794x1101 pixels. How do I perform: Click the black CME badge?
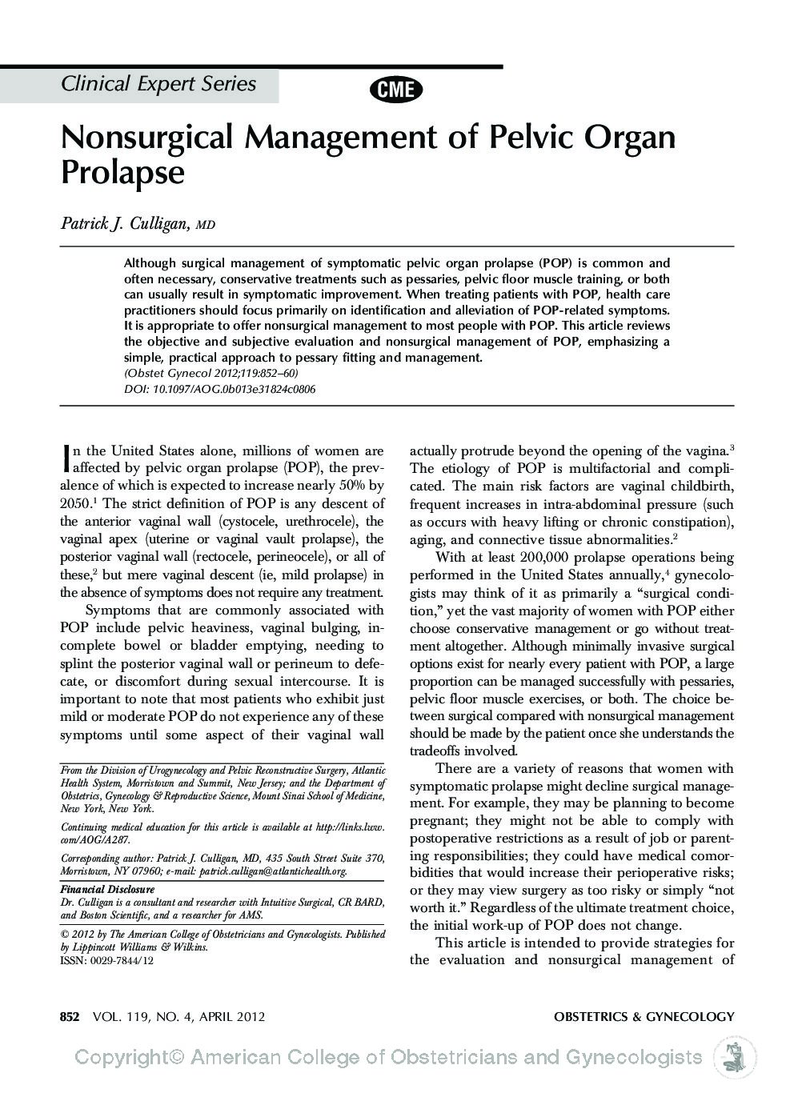[x=396, y=90]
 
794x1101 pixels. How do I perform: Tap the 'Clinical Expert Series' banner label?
[x=158, y=84]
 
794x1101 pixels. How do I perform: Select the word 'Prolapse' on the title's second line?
[x=122, y=172]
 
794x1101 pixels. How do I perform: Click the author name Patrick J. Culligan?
[x=124, y=223]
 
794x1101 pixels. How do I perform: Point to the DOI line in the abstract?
[x=219, y=390]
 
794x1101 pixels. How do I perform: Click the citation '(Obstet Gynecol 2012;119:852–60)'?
[x=211, y=374]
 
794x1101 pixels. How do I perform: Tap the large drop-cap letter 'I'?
[x=66, y=457]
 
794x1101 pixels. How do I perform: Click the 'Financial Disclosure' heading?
[x=107, y=889]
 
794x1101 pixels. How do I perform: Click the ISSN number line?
[x=106, y=959]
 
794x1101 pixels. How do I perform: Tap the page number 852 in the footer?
[x=70, y=1017]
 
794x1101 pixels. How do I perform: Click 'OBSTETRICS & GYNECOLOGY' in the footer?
[x=644, y=1017]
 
